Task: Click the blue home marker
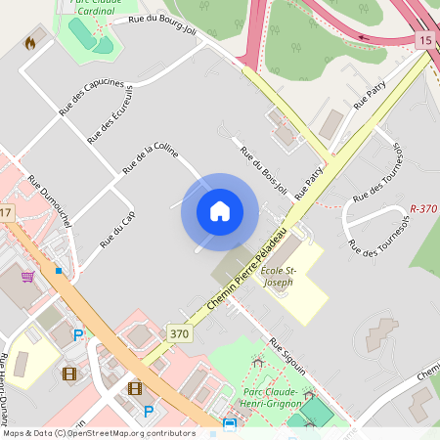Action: pyautogui.click(x=219, y=211)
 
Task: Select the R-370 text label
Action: pyautogui.click(x=424, y=209)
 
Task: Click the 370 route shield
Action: pyautogui.click(x=178, y=333)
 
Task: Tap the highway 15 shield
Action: pyautogui.click(x=424, y=40)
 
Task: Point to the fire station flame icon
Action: pyautogui.click(x=30, y=43)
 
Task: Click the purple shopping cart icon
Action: pyautogui.click(x=27, y=276)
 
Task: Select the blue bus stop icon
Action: pyautogui.click(x=229, y=424)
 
